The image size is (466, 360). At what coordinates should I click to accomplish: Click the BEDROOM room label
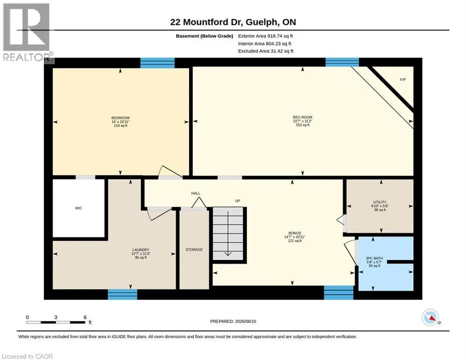(x=120, y=118)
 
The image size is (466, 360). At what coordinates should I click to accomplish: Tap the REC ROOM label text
(x=303, y=117)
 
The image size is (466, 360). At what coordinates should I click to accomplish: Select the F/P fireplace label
(x=403, y=80)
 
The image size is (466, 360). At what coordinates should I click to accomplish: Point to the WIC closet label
(x=79, y=208)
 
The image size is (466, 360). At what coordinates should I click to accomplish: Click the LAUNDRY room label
(x=141, y=250)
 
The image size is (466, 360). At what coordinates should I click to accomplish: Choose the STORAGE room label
(x=194, y=250)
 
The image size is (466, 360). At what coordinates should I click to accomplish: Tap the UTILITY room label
(x=380, y=202)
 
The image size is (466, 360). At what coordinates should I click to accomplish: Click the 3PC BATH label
(x=375, y=258)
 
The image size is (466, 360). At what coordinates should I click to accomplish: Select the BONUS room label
(x=295, y=233)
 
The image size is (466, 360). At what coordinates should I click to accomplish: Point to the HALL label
(x=196, y=194)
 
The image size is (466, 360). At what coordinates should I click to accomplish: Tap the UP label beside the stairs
(x=237, y=201)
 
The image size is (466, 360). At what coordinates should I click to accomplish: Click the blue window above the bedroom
(x=157, y=63)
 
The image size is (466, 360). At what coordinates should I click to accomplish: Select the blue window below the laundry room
(x=122, y=294)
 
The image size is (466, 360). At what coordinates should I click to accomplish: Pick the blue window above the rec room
(x=342, y=62)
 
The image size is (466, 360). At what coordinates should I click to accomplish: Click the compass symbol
(x=430, y=317)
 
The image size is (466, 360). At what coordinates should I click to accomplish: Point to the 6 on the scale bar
(x=85, y=317)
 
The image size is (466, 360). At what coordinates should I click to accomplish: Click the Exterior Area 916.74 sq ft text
(x=266, y=36)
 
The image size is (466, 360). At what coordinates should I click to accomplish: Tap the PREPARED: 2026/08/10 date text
(x=233, y=321)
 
